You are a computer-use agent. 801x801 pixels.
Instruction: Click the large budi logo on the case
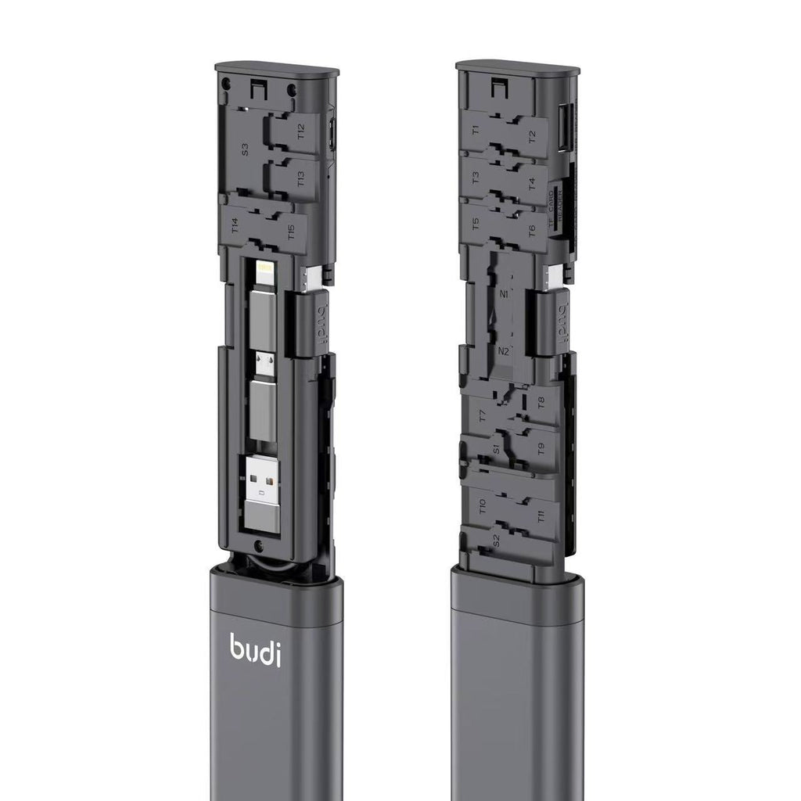[x=254, y=648]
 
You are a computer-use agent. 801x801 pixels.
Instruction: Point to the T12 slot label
[x=302, y=131]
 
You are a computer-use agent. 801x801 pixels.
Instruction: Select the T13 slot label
[x=302, y=179]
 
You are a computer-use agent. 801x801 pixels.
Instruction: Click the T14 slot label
[x=235, y=226]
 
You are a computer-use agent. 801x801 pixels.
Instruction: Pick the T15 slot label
[x=291, y=232]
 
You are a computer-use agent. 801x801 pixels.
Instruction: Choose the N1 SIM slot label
[x=503, y=295]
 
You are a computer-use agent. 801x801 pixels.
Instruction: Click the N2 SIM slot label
[x=504, y=351]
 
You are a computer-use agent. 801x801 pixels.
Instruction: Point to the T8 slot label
[x=541, y=403]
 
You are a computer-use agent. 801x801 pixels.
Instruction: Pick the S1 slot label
[x=496, y=449]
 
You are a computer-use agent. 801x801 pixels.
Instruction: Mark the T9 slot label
[x=541, y=449]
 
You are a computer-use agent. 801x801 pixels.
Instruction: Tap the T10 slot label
[x=482, y=506]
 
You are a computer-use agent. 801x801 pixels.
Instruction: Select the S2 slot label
[x=495, y=539]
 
